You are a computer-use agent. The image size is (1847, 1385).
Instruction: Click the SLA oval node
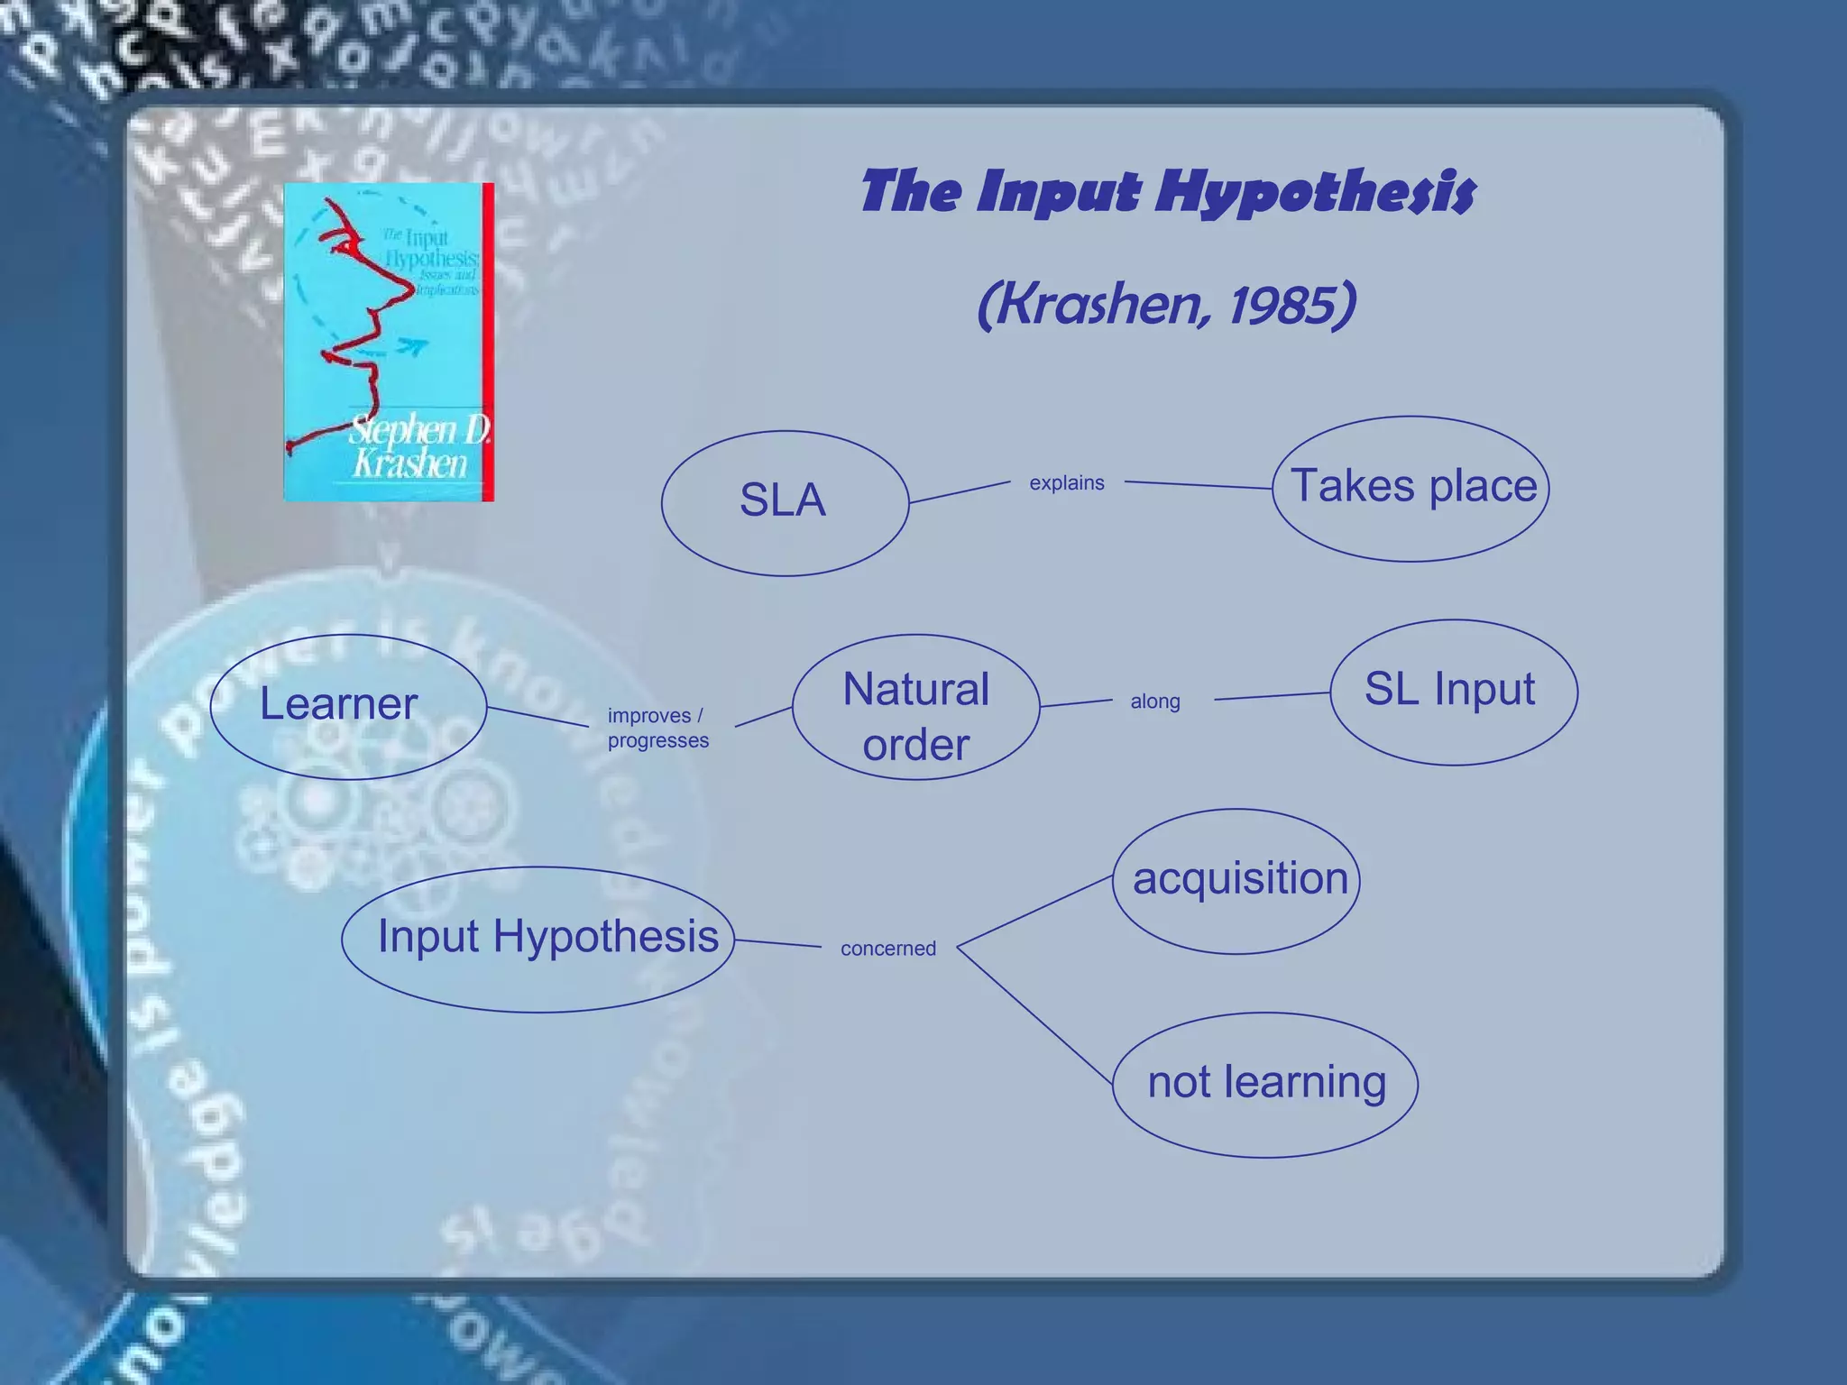(x=784, y=502)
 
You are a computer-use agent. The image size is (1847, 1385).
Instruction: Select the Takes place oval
(x=1411, y=488)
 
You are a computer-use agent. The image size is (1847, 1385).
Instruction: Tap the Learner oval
(x=347, y=706)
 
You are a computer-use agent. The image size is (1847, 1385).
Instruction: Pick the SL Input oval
(x=1453, y=692)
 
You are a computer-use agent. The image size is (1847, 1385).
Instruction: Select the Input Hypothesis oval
(x=538, y=939)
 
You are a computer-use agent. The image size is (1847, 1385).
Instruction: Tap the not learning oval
(x=1264, y=1085)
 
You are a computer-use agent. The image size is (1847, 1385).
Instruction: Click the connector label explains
(x=1067, y=483)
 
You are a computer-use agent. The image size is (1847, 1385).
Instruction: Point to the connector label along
(x=1155, y=702)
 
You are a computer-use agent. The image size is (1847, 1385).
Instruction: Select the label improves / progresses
(x=657, y=728)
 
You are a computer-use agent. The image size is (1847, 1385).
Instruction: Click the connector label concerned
(x=888, y=949)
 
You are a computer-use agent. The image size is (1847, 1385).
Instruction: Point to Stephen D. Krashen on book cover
(x=417, y=446)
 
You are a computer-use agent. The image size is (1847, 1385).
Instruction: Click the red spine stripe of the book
(x=488, y=343)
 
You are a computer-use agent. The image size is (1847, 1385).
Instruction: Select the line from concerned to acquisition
(x=1034, y=912)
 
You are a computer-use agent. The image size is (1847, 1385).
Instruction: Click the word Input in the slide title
(x=1059, y=193)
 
